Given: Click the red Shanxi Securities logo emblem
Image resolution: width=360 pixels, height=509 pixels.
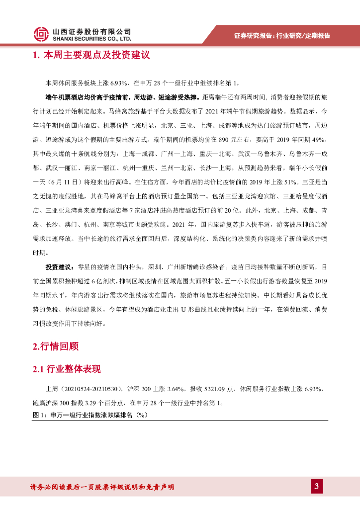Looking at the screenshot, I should [x=41, y=34].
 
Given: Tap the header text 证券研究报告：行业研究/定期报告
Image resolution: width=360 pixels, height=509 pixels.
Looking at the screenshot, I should [x=282, y=35].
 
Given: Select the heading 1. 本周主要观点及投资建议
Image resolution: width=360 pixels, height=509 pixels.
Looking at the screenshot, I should [x=91, y=55].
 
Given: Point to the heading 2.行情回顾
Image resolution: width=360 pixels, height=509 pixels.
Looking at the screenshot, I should [x=55, y=346].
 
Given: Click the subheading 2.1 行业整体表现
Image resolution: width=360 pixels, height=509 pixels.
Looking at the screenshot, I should [x=66, y=369].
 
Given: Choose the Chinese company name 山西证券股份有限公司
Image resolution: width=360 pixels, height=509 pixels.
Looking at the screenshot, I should [x=92, y=31].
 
